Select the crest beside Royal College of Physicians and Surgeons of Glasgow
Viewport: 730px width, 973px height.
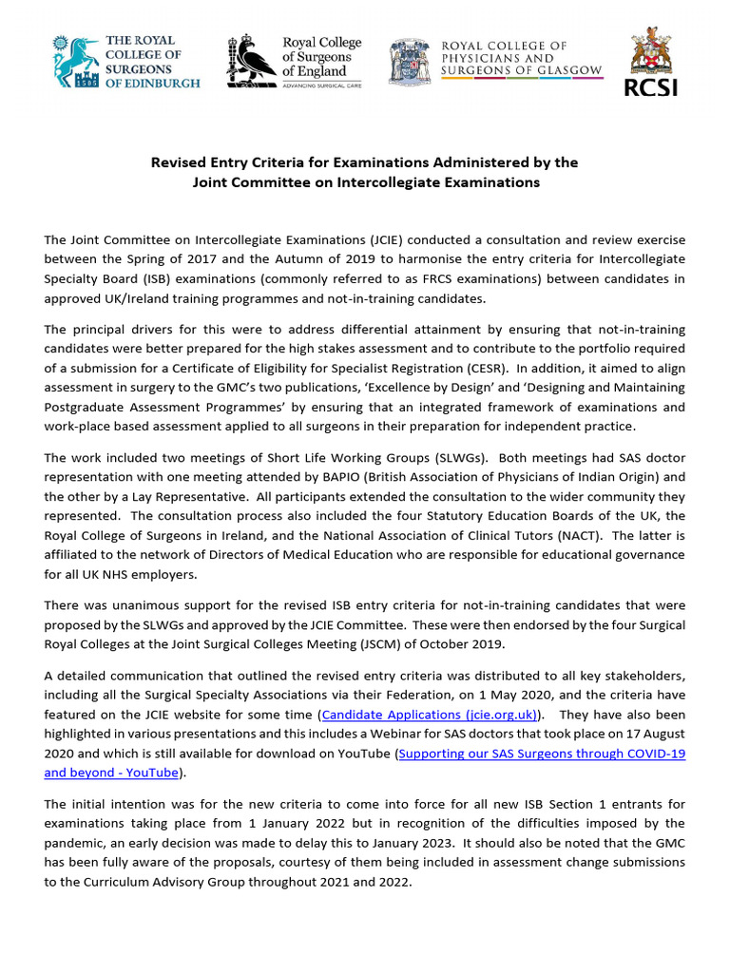409,61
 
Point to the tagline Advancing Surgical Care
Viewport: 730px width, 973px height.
323,85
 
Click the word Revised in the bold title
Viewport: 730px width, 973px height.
180,162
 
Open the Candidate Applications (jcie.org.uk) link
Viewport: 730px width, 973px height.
430,713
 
